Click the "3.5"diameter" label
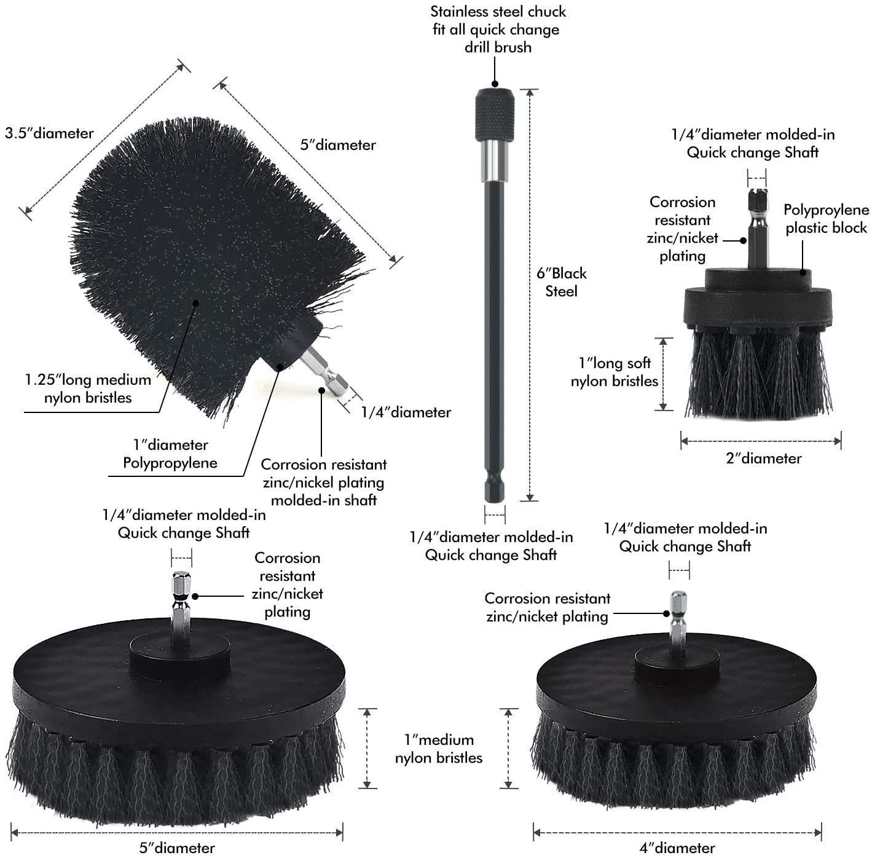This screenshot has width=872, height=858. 49,133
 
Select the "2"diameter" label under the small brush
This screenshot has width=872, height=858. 764,459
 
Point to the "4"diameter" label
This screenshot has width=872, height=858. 677,848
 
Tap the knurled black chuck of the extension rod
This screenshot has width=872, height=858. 495,114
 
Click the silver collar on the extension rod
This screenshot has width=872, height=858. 495,159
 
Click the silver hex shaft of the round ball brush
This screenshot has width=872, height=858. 324,369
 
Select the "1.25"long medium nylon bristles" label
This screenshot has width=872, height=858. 88,389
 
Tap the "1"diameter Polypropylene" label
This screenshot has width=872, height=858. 170,454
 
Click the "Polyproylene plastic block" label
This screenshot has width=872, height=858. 826,219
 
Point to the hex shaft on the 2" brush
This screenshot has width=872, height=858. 757,227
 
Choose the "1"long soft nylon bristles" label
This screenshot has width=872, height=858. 615,372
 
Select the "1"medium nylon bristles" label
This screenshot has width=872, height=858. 439,749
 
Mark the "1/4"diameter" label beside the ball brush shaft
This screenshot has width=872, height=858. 406,412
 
